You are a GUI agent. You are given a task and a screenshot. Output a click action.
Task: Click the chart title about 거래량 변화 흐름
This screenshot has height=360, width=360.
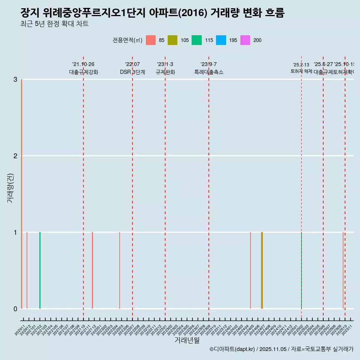pyautogui.click(x=152, y=13)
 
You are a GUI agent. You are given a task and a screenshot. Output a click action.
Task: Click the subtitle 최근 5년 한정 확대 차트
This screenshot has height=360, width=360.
pyautogui.click(x=54, y=24)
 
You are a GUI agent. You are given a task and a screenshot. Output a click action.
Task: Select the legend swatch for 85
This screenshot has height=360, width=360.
pyautogui.click(x=151, y=40)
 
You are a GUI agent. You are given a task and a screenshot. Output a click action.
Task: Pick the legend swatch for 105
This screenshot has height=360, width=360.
pyautogui.click(x=172, y=40)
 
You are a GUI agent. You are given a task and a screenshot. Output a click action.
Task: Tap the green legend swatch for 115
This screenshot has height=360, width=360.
pyautogui.click(x=196, y=40)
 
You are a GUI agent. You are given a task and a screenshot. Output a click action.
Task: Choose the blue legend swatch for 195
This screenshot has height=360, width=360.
pyautogui.click(x=221, y=40)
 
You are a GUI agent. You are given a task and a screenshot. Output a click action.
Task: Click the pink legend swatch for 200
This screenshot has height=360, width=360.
pyautogui.click(x=245, y=40)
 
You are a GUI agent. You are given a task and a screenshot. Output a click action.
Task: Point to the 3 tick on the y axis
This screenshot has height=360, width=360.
pyautogui.click(x=15, y=79)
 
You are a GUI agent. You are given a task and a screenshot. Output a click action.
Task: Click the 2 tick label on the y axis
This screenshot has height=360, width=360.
pyautogui.click(x=15, y=156)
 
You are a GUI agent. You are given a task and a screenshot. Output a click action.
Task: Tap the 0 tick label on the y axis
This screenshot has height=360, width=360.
pyautogui.click(x=15, y=309)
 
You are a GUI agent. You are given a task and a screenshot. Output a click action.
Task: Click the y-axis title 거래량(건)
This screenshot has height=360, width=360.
pyautogui.click(x=10, y=188)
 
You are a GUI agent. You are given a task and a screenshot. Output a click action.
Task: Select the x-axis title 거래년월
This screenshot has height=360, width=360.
pyautogui.click(x=187, y=340)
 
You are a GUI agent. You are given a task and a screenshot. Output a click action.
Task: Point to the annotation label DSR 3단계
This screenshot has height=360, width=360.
pyautogui.click(x=132, y=72)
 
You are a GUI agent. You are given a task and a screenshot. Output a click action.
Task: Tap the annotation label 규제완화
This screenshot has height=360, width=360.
pyautogui.click(x=165, y=72)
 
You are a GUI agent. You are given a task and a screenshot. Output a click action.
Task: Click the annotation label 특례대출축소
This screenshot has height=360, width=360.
pyautogui.click(x=208, y=72)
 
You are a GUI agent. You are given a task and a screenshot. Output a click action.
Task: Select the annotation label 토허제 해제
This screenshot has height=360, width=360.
pyautogui.click(x=301, y=71)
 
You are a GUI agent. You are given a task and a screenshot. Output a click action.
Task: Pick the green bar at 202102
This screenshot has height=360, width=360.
pyautogui.click(x=40, y=270)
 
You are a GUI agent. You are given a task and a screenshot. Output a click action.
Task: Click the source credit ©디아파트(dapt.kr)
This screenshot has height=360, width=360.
pyautogui.click(x=232, y=349)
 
